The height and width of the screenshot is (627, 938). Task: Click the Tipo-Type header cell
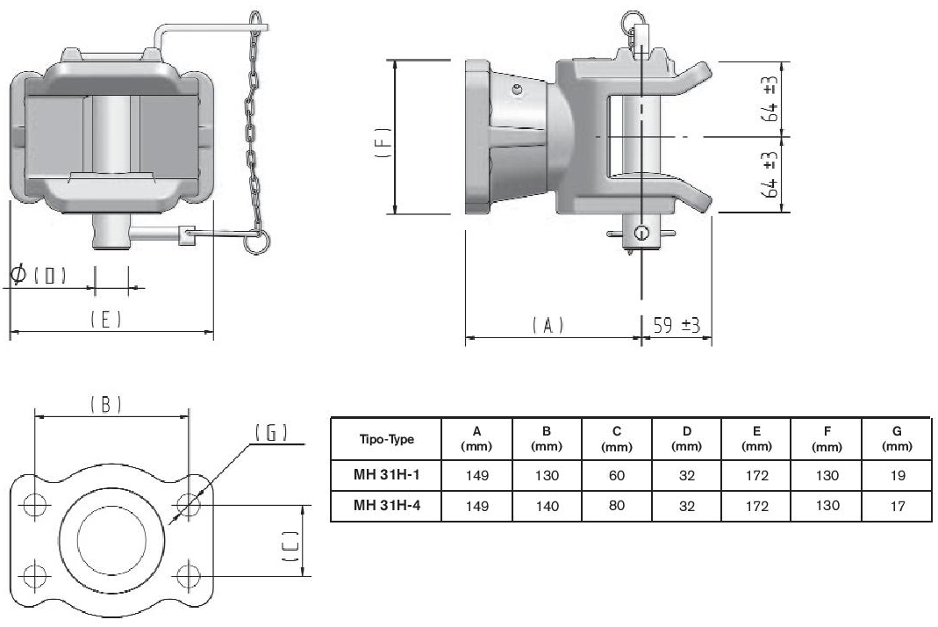pyautogui.click(x=386, y=439)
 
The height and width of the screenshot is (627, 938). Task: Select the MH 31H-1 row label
pyautogui.click(x=386, y=475)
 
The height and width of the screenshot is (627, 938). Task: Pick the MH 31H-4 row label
pyautogui.click(x=386, y=505)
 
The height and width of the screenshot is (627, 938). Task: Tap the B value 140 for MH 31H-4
pyautogui.click(x=547, y=506)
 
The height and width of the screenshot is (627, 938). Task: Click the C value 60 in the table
pyautogui.click(x=616, y=475)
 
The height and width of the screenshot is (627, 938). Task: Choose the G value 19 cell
pyautogui.click(x=898, y=475)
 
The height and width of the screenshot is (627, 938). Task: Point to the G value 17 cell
pyautogui.click(x=898, y=506)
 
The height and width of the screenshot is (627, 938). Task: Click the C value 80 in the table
pyautogui.click(x=616, y=506)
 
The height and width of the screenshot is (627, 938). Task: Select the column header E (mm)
pyautogui.click(x=756, y=438)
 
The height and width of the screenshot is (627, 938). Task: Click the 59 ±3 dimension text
pyautogui.click(x=677, y=325)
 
